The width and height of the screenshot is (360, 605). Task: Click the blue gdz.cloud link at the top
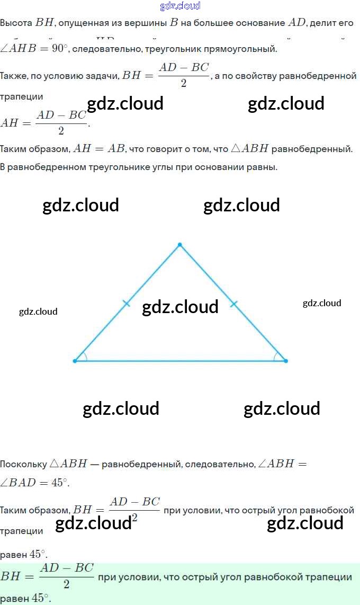click(x=180, y=6)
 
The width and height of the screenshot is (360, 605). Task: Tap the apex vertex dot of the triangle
click(x=180, y=245)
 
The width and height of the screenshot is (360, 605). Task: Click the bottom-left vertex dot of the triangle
click(x=75, y=361)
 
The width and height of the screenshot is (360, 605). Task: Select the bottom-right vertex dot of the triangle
click(x=286, y=361)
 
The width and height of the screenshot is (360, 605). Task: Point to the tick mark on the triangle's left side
click(x=126, y=304)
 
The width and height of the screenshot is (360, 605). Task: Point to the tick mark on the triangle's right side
click(x=234, y=304)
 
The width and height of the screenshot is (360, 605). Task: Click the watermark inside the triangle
click(x=180, y=307)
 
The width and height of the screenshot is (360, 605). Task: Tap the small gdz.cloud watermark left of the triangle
click(x=38, y=312)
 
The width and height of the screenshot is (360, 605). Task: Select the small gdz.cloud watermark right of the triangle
click(x=322, y=303)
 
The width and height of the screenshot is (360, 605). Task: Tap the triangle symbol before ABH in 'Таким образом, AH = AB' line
click(x=236, y=149)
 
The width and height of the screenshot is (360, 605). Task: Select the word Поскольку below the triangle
click(x=24, y=464)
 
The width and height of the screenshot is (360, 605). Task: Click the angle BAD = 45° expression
click(x=35, y=483)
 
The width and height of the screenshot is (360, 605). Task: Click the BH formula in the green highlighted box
click(x=48, y=576)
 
